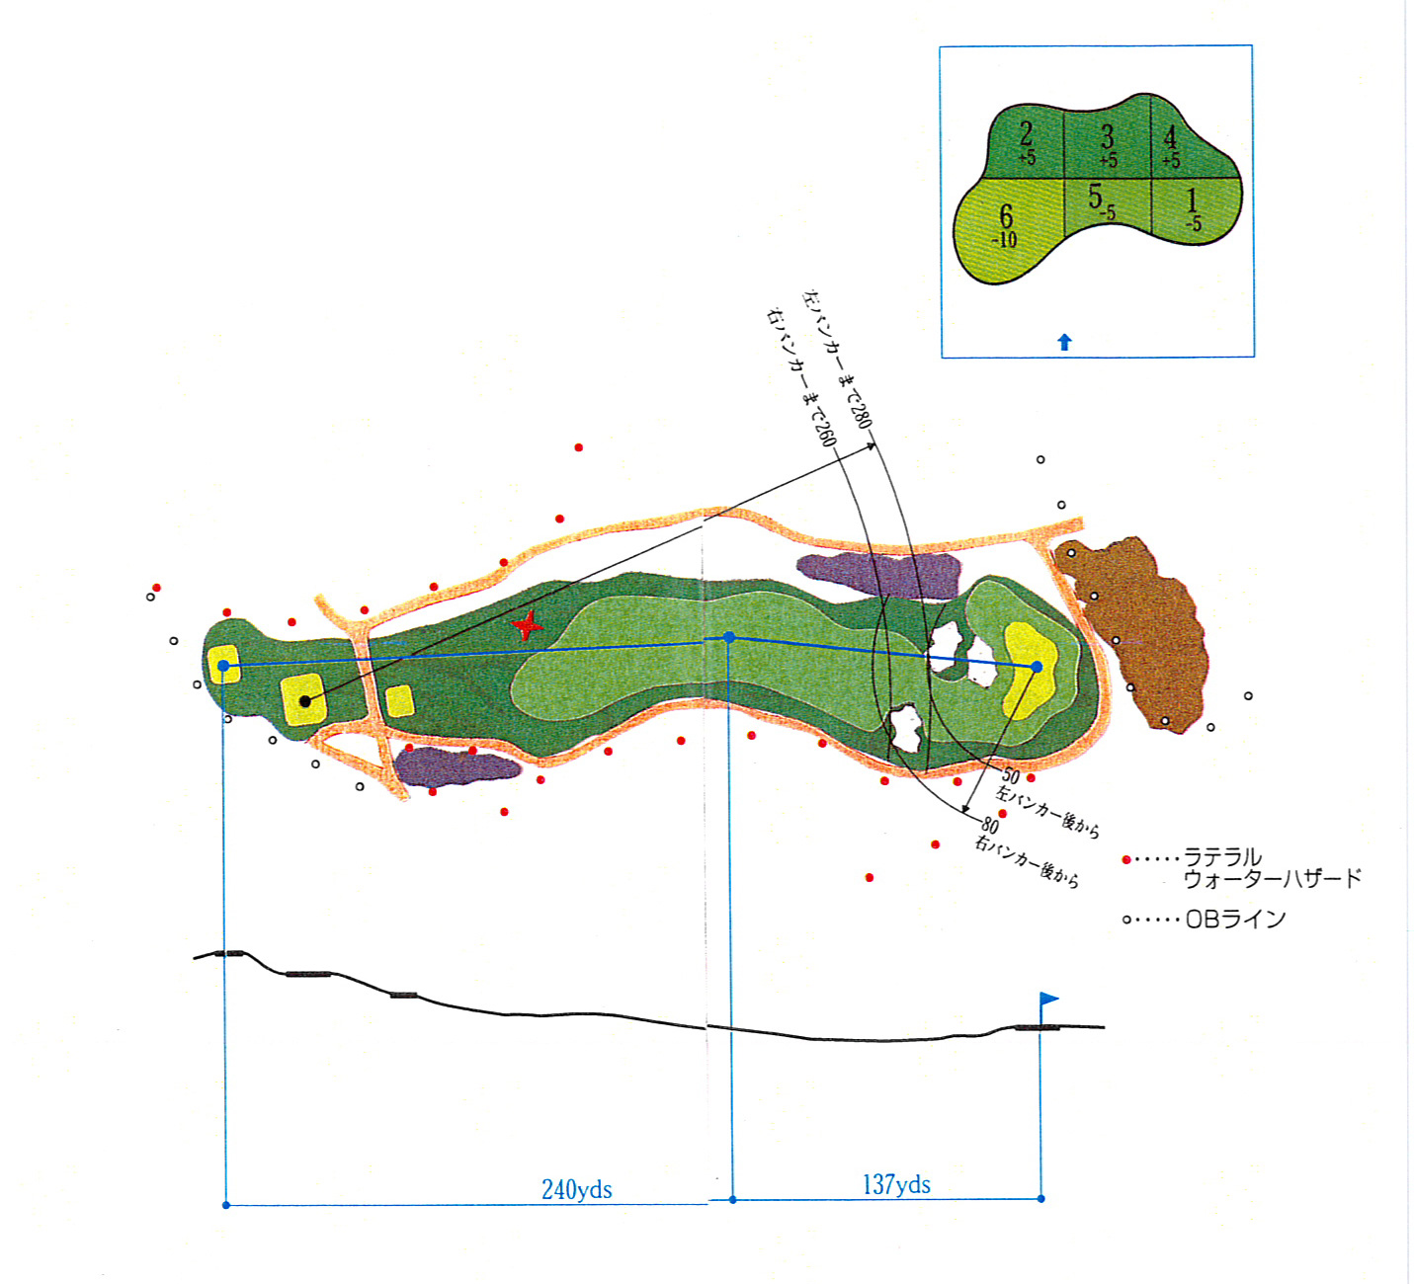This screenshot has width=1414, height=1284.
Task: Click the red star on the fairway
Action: [527, 624]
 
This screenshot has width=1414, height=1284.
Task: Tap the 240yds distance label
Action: [577, 1190]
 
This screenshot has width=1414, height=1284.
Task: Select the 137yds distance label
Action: [896, 1184]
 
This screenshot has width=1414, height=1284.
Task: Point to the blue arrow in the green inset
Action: [1064, 343]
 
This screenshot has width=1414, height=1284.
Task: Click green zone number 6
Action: [1006, 215]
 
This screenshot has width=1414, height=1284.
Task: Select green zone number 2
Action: [1026, 134]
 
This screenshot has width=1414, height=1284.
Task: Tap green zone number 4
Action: [1170, 137]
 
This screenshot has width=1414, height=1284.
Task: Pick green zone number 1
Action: [1192, 201]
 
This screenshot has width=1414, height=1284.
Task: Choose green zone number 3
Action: [1108, 136]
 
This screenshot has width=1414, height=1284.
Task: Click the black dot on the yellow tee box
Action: [305, 701]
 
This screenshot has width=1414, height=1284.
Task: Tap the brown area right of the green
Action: [1135, 634]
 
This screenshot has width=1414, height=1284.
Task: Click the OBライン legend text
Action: [1236, 919]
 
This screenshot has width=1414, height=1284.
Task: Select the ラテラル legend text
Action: [1222, 857]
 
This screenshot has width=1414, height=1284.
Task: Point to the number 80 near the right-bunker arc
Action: [990, 825]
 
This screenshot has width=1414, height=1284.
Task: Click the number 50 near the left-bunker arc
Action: [1011, 776]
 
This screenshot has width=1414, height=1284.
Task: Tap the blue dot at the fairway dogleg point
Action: [729, 638]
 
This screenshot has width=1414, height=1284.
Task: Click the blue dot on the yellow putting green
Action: [1037, 667]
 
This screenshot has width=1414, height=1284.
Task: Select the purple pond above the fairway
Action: [879, 575]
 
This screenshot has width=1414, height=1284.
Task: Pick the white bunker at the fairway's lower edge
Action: [904, 728]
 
